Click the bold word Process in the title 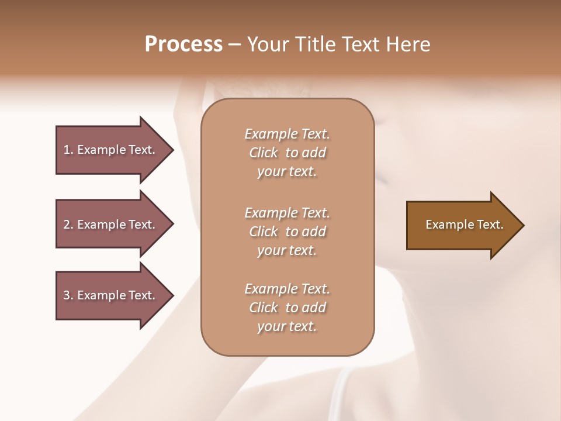183,44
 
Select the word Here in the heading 408,44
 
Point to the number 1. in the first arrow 68,150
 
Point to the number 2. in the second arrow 68,225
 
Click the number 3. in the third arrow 68,295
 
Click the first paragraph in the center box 287,153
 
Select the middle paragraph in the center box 287,231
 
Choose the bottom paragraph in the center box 287,308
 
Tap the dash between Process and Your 235,44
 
